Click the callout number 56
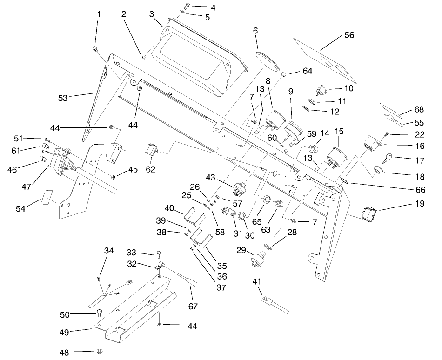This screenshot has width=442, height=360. click(348, 35)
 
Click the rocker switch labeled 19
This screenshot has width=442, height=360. click(370, 213)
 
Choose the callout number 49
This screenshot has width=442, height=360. click(76, 332)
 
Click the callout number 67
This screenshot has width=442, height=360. click(193, 307)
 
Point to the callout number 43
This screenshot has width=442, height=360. click(211, 178)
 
